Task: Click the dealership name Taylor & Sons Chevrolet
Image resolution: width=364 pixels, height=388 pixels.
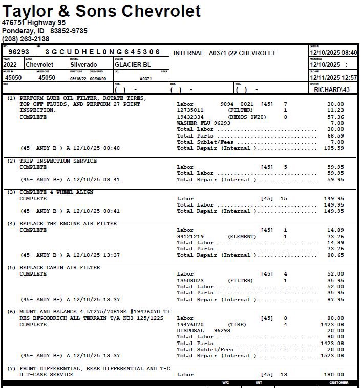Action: (x=101, y=11)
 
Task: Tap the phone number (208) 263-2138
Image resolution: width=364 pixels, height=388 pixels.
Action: (x=26, y=39)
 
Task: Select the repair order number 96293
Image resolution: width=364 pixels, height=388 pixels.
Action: (x=18, y=52)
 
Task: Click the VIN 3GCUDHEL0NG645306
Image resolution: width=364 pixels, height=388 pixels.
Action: (x=102, y=52)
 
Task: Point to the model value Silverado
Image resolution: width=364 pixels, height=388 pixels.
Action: (x=83, y=65)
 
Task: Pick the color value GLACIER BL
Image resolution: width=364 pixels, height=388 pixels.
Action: (x=133, y=65)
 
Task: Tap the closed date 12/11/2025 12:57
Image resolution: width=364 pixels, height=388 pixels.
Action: (x=333, y=77)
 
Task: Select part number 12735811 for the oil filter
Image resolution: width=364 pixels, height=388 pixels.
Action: (x=190, y=110)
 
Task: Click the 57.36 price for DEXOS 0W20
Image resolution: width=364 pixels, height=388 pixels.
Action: (x=336, y=117)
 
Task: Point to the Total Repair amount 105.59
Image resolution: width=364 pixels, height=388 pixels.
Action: (x=334, y=148)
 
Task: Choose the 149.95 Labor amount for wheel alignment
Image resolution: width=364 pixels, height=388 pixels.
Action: (x=334, y=199)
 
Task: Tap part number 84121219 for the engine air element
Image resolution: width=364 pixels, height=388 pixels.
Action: (x=190, y=237)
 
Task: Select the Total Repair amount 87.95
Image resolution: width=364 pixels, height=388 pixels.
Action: (x=336, y=300)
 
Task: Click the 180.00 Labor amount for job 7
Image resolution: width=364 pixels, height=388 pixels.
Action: (x=334, y=375)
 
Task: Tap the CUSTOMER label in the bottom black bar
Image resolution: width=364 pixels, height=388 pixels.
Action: (x=338, y=383)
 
